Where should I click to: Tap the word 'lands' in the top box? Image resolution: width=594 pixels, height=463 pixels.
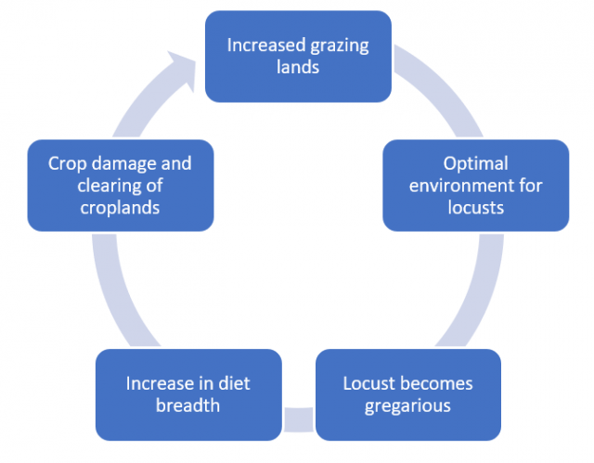[298, 67]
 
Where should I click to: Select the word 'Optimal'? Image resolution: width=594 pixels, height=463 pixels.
[476, 164]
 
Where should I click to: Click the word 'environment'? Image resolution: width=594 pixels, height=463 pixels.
[458, 186]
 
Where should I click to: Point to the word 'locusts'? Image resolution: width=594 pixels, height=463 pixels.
[476, 208]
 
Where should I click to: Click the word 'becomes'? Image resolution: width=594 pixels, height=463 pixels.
[439, 383]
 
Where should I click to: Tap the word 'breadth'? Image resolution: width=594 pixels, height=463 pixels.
[187, 405]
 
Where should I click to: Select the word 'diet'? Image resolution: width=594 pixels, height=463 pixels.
[234, 383]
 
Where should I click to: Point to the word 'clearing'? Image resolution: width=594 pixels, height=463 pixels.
[108, 186]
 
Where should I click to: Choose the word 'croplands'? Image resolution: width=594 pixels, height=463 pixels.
[120, 209]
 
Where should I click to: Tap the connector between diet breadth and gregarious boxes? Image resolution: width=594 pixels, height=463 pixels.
[299, 419]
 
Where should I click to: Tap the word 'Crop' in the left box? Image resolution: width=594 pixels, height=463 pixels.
[68, 164]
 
